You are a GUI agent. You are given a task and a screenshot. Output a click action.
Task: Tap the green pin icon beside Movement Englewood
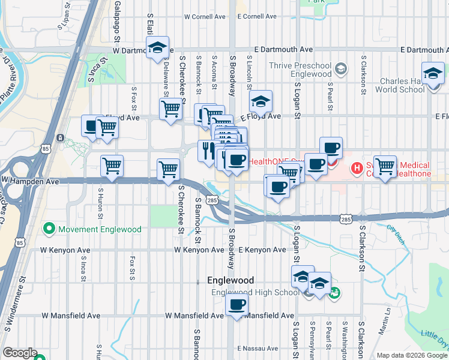48,229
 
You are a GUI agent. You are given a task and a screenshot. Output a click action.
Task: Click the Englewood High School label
255,293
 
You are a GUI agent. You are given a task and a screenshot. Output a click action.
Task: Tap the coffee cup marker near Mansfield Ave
237,304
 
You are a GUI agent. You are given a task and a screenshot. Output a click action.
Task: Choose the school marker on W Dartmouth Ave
157,48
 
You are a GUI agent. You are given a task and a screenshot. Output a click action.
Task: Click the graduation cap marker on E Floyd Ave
261,101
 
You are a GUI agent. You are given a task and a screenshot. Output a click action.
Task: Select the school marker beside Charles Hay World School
432,73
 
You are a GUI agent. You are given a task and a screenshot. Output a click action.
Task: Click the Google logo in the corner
20,353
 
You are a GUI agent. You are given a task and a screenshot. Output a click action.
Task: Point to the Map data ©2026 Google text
411,355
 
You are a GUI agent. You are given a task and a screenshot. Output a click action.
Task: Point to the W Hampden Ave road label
30,180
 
